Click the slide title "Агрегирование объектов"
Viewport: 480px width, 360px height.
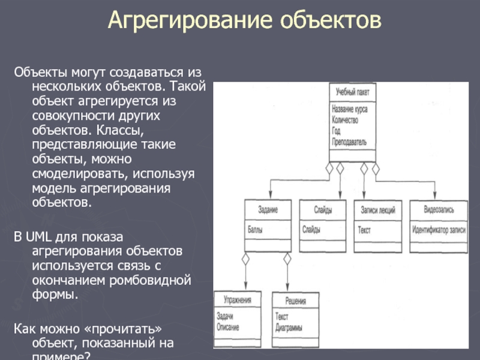click(244, 21)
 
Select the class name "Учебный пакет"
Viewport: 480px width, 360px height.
click(353, 92)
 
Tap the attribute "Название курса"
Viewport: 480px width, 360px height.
click(350, 110)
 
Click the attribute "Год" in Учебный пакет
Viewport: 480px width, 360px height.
click(336, 131)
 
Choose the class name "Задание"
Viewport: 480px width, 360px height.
click(268, 209)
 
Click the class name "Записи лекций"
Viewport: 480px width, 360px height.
click(377, 209)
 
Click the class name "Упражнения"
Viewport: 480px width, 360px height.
click(238, 299)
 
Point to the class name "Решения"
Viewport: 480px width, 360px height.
click(296, 299)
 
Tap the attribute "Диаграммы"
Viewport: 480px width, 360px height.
click(289, 328)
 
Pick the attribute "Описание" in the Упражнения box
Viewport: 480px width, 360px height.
click(228, 328)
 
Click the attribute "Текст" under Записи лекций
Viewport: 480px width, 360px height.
click(365, 229)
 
